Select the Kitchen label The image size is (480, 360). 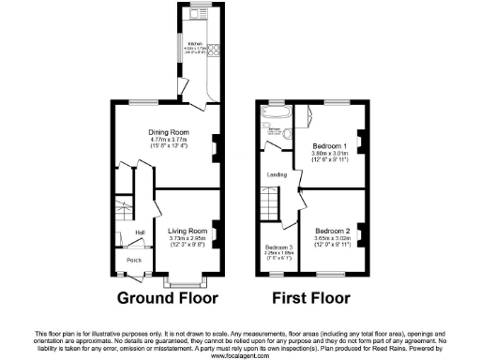[195, 44]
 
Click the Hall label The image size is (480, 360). [140, 233]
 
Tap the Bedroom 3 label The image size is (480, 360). [278, 247]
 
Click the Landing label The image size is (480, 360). [276, 173]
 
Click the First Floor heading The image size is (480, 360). [310, 299]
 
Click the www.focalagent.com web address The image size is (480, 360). [239, 355]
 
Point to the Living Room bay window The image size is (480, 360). [184, 280]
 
